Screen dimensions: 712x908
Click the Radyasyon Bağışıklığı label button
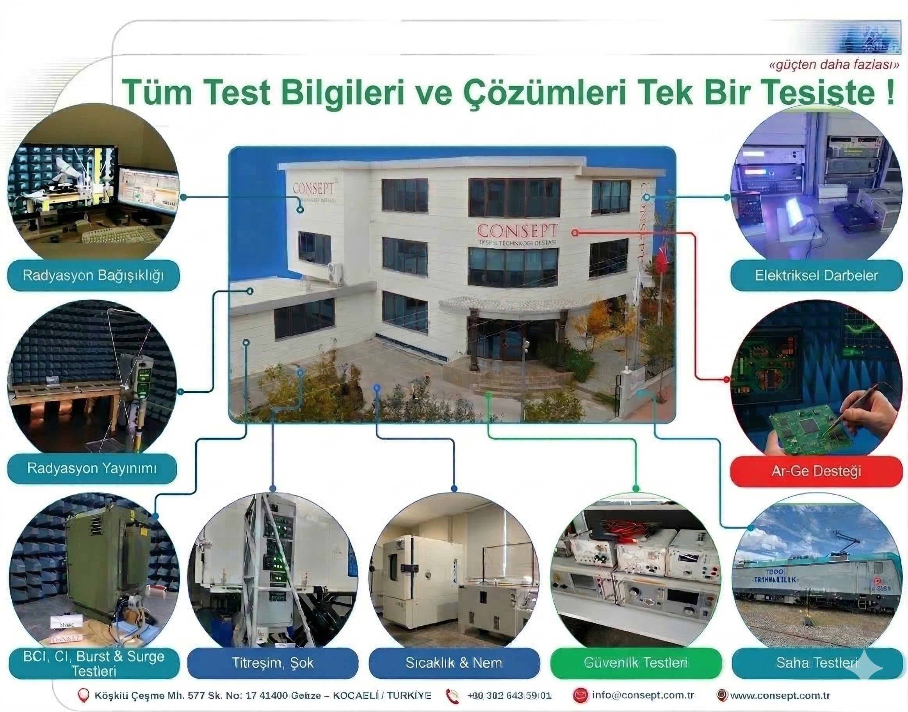pos(93,275)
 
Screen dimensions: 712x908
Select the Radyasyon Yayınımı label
pos(92,468)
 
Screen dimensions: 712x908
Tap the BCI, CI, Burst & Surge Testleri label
pos(94,663)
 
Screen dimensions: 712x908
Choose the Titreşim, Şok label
pos(272,663)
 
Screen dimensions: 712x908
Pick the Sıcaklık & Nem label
pos(454,663)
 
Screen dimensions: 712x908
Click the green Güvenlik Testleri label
pos(636,662)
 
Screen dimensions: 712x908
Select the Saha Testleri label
pos(817,663)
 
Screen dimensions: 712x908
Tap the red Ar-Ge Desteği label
pos(816,471)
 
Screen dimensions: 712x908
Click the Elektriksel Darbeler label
pos(816,275)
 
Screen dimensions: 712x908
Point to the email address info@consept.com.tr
pos(643,695)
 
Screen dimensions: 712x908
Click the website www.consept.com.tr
pos(780,695)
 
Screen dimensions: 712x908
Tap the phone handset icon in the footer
pos(452,696)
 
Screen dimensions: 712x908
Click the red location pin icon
pos(84,695)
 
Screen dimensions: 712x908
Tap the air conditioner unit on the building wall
pos(336,274)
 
